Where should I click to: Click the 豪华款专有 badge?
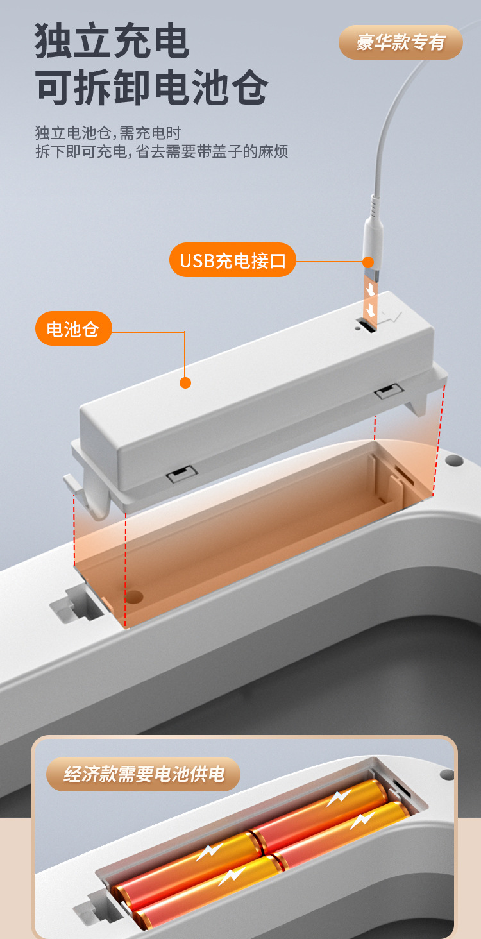pyautogui.click(x=401, y=42)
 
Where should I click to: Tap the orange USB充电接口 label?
pyautogui.click(x=233, y=260)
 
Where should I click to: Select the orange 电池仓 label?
pyautogui.click(x=73, y=328)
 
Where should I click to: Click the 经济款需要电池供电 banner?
pyautogui.click(x=143, y=774)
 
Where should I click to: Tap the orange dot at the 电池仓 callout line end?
pyautogui.click(x=185, y=383)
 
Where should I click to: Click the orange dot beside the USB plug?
pyautogui.click(x=368, y=262)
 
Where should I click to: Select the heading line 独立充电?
pyautogui.click(x=112, y=40)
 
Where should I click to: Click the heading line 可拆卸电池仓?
pyautogui.click(x=151, y=87)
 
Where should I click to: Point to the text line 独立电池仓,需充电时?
pyautogui.click(x=108, y=133)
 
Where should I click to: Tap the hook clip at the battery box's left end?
pyautogui.click(x=88, y=495)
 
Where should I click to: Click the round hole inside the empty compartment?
pyautogui.click(x=134, y=596)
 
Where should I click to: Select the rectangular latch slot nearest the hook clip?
pyautogui.click(x=182, y=474)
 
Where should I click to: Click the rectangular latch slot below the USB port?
pyautogui.click(x=389, y=391)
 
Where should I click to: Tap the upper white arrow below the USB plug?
pyautogui.click(x=371, y=290)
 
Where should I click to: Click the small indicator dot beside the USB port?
pyautogui.click(x=357, y=328)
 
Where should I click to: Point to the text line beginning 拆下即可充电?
pyautogui.click(x=162, y=151)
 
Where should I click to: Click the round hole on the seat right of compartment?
pyautogui.click(x=454, y=461)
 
